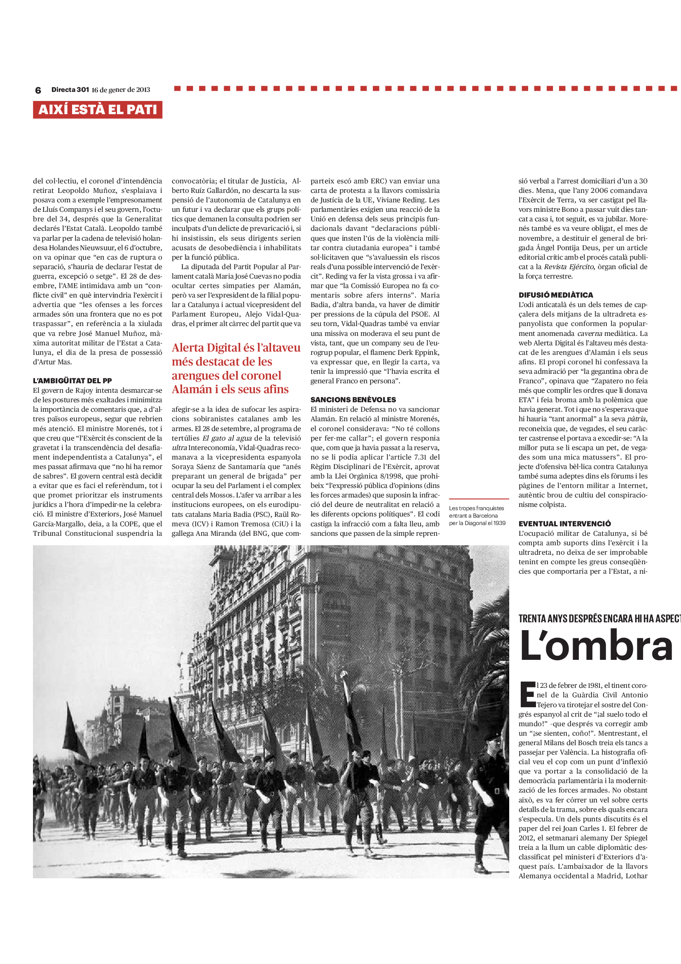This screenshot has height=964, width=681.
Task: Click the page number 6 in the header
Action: click(38, 90)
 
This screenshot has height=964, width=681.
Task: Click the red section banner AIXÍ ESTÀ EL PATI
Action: click(97, 110)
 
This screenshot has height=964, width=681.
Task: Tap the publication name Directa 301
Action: click(70, 89)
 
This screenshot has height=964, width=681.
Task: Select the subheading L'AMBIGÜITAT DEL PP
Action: click(72, 381)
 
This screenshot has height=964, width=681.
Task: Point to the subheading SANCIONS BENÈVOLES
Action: click(353, 400)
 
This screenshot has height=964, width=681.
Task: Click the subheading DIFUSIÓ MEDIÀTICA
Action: click(555, 295)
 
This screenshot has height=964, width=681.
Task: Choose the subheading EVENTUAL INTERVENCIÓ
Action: click(564, 523)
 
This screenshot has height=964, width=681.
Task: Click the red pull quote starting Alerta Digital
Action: click(235, 368)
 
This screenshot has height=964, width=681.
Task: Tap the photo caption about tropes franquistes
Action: click(477, 516)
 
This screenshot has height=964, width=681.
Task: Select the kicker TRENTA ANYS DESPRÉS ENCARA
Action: click(599, 619)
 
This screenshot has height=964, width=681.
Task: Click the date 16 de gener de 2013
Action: click(121, 89)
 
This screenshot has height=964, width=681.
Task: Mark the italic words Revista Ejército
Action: click(569, 267)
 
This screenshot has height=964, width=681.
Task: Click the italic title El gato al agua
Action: click(227, 438)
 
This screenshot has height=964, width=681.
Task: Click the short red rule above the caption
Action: click(479, 499)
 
